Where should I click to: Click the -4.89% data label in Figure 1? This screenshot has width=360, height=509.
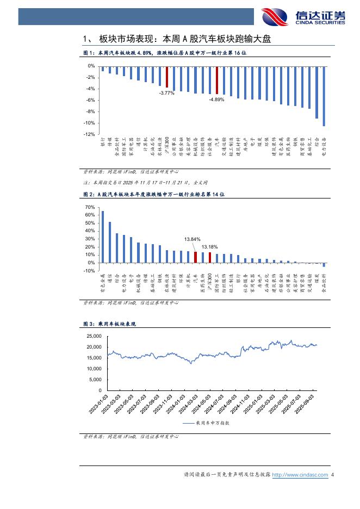216,99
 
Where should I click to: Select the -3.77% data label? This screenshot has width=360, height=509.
166,93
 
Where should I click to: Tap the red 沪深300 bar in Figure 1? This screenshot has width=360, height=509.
167,77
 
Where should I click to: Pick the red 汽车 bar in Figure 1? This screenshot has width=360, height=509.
216,80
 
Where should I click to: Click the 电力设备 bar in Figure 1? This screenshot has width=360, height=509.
324,96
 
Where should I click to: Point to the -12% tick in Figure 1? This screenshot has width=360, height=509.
90,134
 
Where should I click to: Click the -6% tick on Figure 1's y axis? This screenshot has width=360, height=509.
91,100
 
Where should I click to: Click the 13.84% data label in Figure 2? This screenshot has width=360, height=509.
192,239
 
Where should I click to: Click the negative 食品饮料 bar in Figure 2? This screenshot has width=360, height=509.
324,265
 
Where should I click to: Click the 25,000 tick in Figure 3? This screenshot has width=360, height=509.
94,336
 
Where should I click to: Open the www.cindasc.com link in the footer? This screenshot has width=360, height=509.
300,475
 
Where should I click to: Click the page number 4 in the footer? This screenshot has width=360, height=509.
332,475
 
